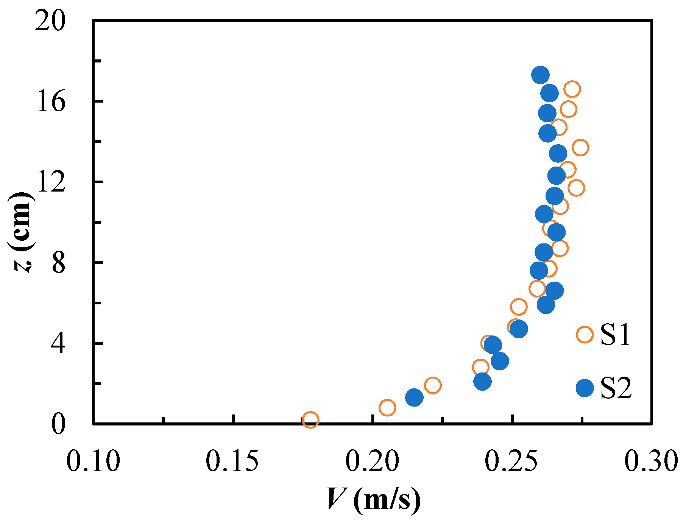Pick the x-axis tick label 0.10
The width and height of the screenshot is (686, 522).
[x=93, y=461]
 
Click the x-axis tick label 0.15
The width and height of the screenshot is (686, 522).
[x=232, y=461]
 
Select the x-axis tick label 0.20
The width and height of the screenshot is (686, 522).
[x=372, y=461]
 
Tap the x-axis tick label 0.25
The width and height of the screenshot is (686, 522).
[x=512, y=461]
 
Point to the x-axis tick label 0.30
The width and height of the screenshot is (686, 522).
[x=650, y=461]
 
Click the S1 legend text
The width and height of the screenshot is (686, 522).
[x=616, y=335]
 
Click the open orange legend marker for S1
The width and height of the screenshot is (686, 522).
[x=585, y=334]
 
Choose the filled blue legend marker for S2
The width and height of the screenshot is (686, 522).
[x=585, y=388]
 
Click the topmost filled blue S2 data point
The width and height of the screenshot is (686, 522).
[x=540, y=75]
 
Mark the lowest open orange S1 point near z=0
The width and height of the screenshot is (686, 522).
[x=310, y=420]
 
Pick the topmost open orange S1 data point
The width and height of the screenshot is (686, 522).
[x=572, y=89]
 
